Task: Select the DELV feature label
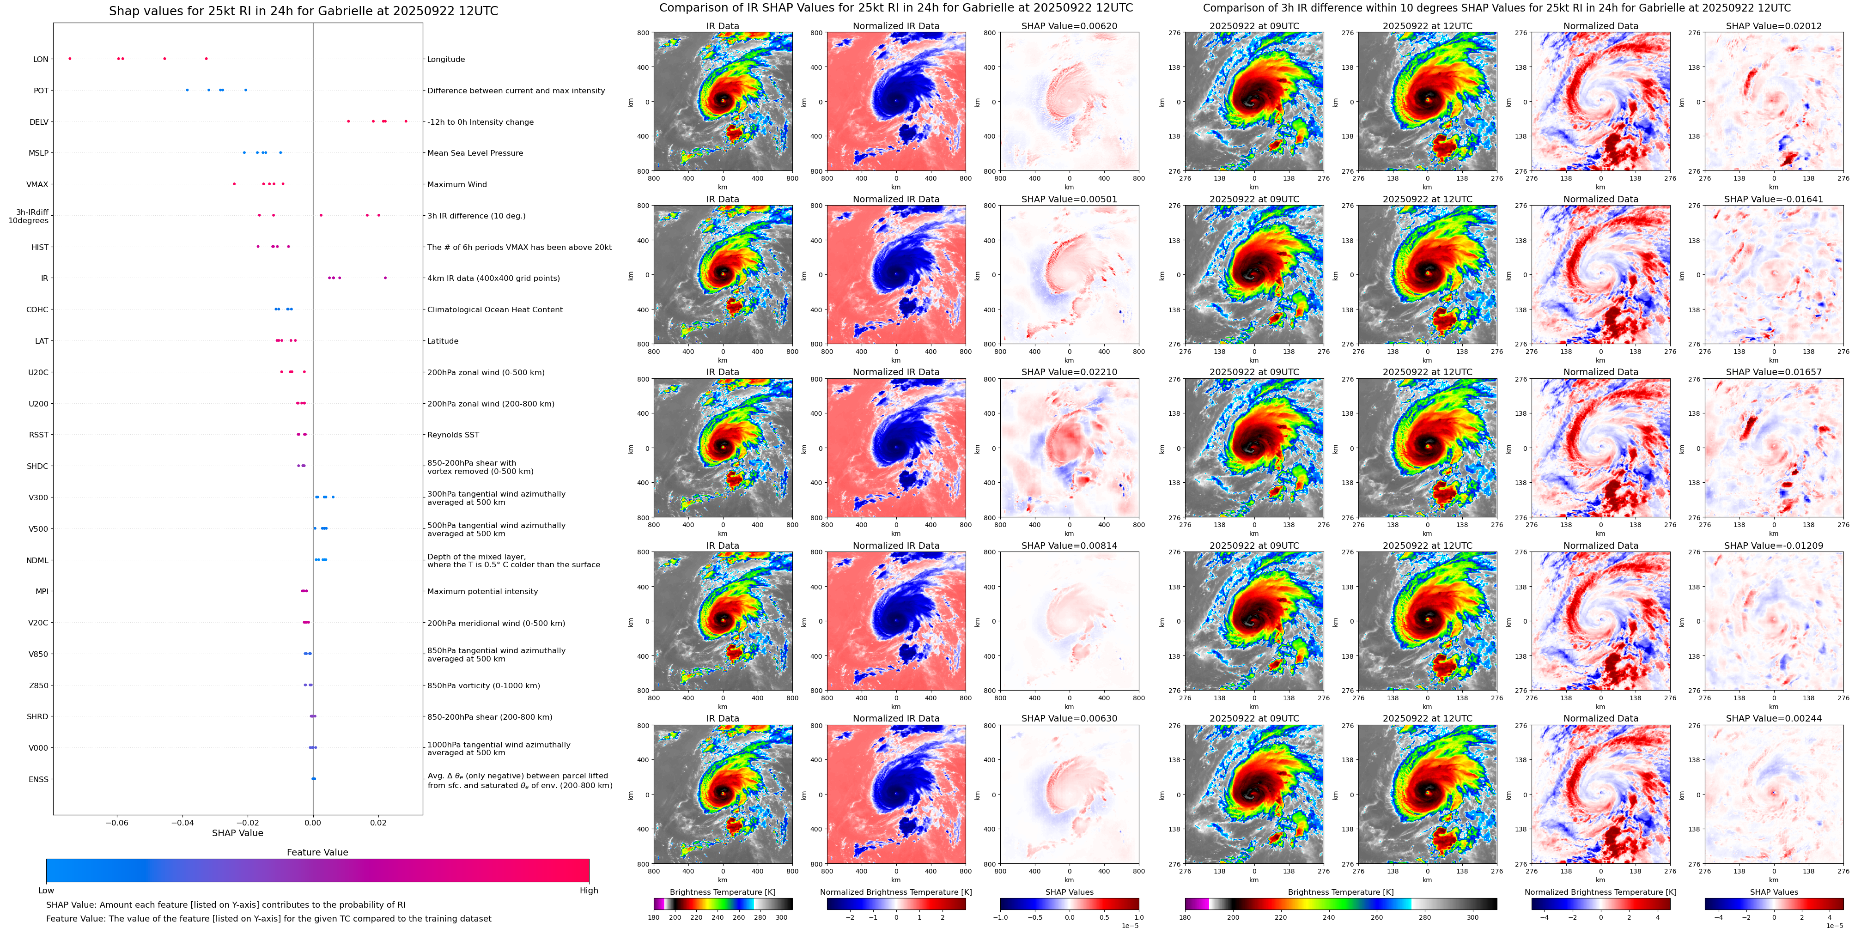tap(39, 121)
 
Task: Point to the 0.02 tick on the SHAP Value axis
tap(378, 822)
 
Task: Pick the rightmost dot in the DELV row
tap(406, 121)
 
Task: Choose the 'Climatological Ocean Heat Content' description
tap(495, 309)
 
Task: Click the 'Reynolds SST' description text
tap(453, 435)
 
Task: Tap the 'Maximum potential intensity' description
tap(482, 591)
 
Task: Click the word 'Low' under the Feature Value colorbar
tap(46, 891)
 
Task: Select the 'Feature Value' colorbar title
tap(317, 852)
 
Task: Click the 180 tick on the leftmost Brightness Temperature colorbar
tap(654, 917)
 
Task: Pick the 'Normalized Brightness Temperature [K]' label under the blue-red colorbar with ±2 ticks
tap(896, 892)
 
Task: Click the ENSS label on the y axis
tap(39, 779)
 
